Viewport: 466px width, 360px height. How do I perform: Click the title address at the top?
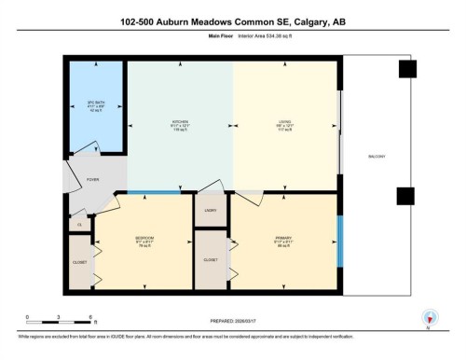232,21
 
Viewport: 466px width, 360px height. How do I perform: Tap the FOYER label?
93,179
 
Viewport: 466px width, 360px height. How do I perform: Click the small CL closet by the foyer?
79,225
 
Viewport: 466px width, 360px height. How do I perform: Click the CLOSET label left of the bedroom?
79,262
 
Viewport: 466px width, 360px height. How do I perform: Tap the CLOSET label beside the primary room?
210,259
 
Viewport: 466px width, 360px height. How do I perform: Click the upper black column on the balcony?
404,70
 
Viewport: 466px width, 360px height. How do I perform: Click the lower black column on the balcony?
404,195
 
